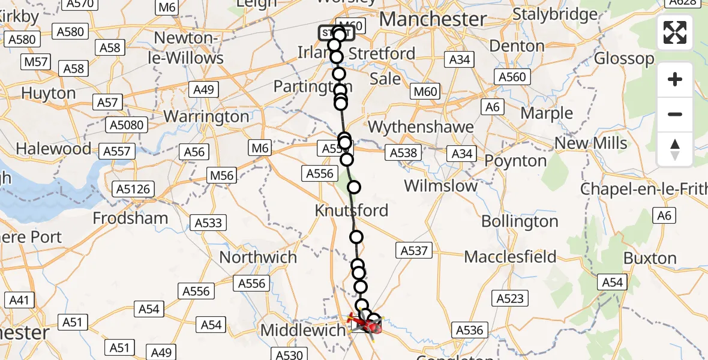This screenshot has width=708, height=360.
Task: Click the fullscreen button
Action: coord(675,32)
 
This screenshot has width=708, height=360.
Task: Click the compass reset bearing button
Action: coord(675,149)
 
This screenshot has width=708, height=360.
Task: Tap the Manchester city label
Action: coord(432,19)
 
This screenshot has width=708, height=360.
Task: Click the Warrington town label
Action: coord(206,116)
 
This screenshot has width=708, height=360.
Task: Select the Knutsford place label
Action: coord(352,211)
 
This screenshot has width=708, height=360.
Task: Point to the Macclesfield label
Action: coord(511,257)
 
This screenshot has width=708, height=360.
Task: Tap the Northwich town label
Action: coord(258,257)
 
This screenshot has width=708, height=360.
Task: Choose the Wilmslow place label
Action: coord(440,185)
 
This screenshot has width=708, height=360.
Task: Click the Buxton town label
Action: coord(650,259)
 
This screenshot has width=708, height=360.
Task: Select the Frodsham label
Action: coord(130,218)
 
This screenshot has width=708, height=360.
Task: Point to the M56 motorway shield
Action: coord(221,176)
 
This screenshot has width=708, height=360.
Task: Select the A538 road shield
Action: coord(403,153)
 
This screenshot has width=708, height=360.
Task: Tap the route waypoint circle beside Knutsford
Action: coord(354,187)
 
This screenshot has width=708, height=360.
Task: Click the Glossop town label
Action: coord(625,59)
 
